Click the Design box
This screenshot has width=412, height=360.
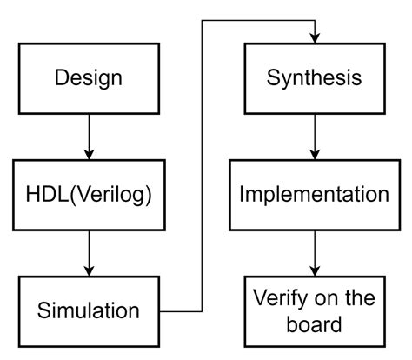[88, 77]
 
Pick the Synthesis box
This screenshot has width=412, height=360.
[314, 77]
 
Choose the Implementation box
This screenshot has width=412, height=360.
[314, 194]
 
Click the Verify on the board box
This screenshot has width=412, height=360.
[314, 310]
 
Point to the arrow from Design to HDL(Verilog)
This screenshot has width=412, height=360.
[89, 135]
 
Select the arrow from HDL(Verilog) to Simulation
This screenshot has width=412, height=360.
[89, 251]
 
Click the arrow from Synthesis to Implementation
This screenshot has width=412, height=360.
[315, 135]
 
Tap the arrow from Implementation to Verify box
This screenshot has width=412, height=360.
[315, 251]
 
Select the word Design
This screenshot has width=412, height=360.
[88, 77]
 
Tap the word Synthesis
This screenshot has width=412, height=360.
[314, 77]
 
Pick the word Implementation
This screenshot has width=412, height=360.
[314, 194]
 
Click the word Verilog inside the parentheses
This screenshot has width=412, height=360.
[115, 194]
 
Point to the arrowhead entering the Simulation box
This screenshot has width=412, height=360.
[89, 270]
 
